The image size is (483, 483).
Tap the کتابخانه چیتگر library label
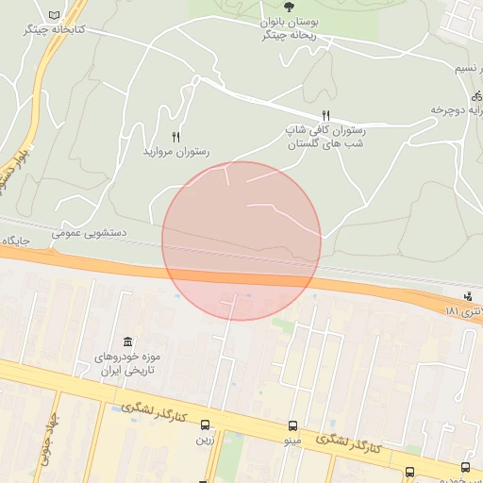coord(54,30)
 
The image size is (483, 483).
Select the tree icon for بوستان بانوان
coord(289,7)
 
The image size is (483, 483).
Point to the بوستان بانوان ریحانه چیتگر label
coord(289,28)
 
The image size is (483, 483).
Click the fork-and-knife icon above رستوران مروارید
coord(175,137)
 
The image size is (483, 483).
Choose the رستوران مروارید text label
coord(175,151)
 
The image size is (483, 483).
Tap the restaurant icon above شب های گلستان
coord(325,115)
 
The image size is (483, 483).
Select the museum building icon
coord(127,341)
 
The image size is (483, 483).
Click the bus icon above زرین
coord(206,425)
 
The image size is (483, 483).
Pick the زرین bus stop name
coord(205,440)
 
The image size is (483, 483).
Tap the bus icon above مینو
coord(292,425)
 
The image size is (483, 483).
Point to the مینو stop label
coord(292,441)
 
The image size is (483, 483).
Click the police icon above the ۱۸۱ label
coord(469,296)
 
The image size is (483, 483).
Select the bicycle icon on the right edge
coord(476,95)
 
